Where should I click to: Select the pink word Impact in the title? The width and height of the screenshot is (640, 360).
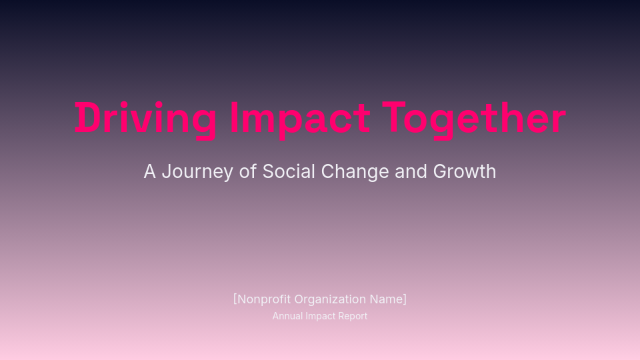(x=299, y=119)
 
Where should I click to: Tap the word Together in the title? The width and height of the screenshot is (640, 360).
(x=474, y=119)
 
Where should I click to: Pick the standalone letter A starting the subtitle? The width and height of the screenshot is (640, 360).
(x=150, y=171)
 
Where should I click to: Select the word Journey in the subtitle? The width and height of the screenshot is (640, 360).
(x=197, y=172)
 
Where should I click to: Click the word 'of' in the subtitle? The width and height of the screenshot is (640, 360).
(x=248, y=171)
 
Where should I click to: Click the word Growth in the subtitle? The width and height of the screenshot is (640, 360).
(x=465, y=171)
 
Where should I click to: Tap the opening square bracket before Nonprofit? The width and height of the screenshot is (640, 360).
(x=235, y=299)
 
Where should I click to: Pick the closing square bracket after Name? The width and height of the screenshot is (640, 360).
(x=405, y=299)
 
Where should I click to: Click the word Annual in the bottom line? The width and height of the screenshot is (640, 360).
(x=287, y=316)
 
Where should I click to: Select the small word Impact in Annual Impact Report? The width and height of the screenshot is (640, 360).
(x=321, y=316)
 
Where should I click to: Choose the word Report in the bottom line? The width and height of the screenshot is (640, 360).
(x=353, y=316)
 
